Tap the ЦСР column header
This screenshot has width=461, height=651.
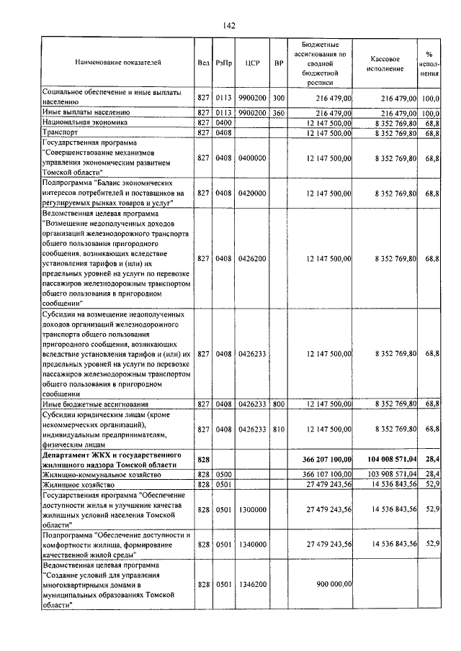[x=251, y=63]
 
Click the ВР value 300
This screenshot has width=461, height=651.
[x=279, y=97]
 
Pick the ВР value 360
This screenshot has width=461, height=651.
[x=279, y=113]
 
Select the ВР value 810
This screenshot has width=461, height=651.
[x=279, y=429]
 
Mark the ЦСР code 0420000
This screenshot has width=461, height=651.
[x=251, y=193]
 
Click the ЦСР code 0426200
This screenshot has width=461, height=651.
[x=251, y=258]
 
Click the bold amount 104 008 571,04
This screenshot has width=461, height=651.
[x=390, y=458]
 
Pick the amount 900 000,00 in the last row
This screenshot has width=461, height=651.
[x=334, y=586]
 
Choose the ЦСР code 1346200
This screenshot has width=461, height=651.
[x=251, y=586]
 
